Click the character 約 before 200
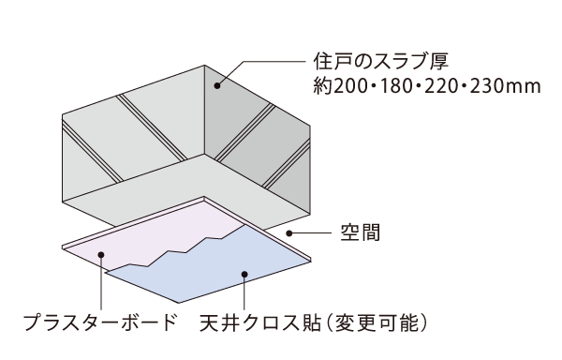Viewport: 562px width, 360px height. [322, 86]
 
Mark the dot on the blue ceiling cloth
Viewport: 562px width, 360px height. [244, 275]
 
